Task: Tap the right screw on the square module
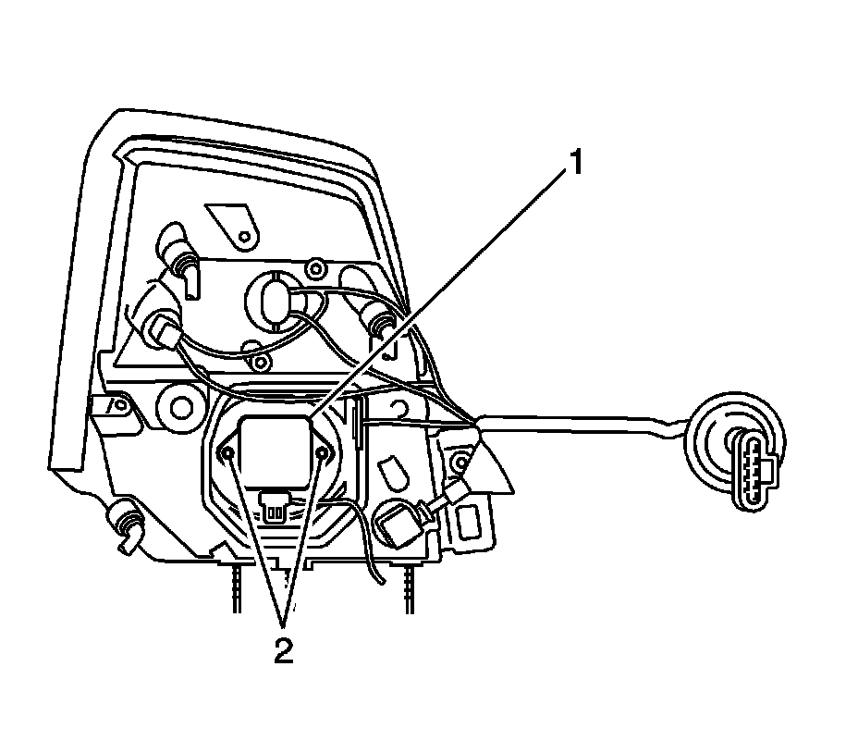click(x=323, y=452)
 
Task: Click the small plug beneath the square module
click(x=275, y=503)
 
